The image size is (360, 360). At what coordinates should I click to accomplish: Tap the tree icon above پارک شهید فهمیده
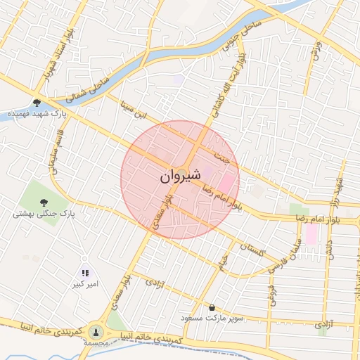(x=37, y=102)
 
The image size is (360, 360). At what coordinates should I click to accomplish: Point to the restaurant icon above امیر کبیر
(x=85, y=273)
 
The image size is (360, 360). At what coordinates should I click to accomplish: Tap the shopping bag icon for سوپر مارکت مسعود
(x=212, y=307)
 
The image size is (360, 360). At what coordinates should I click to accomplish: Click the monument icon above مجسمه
(x=96, y=331)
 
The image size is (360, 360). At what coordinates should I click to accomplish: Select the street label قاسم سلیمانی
(x=54, y=150)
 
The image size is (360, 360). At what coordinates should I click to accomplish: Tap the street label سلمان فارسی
(x=295, y=253)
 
